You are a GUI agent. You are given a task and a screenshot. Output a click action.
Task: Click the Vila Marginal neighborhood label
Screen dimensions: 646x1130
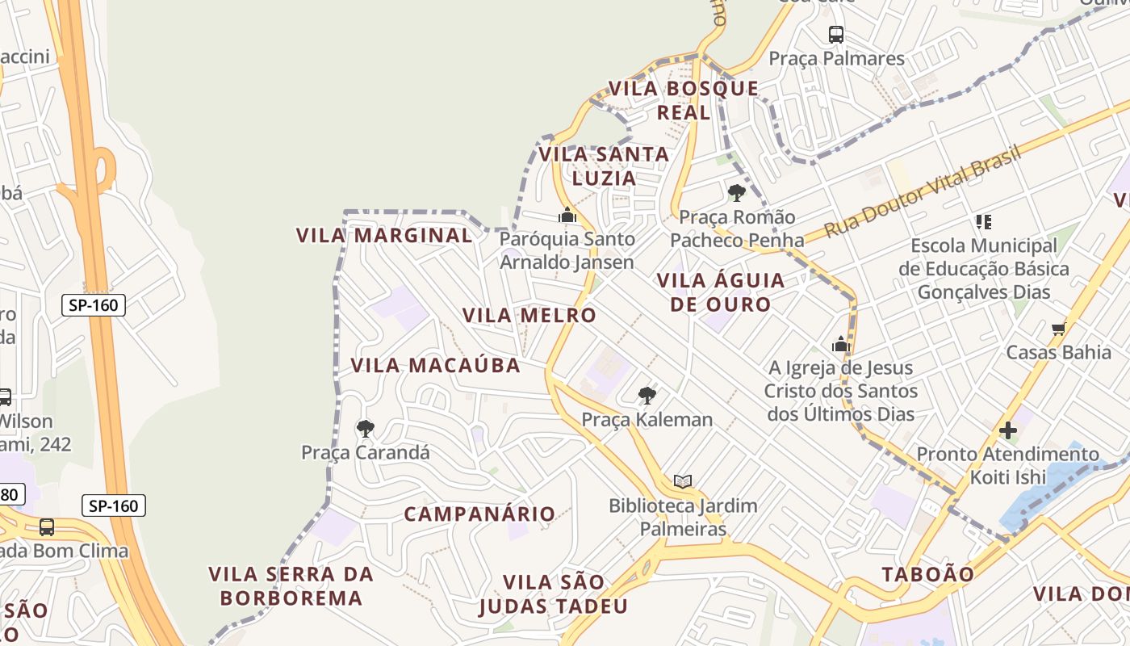[x=384, y=235]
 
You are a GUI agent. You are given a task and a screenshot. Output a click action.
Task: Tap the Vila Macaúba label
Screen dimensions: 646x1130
[x=435, y=365]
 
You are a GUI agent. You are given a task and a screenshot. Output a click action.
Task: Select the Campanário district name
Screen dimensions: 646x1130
[x=479, y=514]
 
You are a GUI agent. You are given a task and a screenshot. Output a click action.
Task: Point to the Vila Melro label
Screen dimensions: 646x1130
[x=529, y=315]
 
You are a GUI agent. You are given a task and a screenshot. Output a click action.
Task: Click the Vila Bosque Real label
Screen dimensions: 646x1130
[x=684, y=100]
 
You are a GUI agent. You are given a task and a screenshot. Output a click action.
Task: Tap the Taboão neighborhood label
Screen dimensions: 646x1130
[x=927, y=574]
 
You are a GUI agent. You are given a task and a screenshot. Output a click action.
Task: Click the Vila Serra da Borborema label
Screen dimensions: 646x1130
[x=291, y=586]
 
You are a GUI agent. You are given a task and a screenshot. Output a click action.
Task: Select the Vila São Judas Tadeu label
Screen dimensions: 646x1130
[x=553, y=594]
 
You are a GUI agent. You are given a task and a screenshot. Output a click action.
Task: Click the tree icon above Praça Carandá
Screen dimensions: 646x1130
[x=366, y=428]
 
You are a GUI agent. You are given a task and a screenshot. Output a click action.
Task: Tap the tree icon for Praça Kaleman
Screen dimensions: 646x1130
[x=647, y=395]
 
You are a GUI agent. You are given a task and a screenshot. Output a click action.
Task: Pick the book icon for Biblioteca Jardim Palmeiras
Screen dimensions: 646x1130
[x=683, y=482]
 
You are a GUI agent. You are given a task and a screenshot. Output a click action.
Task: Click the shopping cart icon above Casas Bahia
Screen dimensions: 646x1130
[x=1058, y=329]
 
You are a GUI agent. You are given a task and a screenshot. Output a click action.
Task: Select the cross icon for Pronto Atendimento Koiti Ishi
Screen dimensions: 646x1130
[x=1007, y=430]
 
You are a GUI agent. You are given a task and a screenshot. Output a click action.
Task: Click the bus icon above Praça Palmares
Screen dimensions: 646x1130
[x=836, y=35]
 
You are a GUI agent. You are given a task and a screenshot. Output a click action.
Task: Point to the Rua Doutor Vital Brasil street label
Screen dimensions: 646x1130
[x=923, y=191]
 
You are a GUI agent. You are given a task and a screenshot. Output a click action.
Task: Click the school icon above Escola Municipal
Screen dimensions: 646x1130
[x=983, y=221]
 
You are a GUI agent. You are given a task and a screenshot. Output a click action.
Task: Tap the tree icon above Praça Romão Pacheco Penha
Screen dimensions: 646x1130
[x=736, y=192]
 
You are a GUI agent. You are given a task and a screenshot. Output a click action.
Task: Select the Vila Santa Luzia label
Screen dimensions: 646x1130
[x=604, y=166]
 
